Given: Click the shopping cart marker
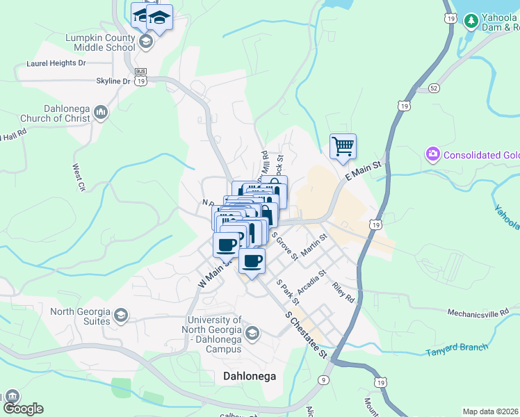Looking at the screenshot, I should tap(343, 147).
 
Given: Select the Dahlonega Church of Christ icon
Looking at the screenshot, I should tap(101, 112).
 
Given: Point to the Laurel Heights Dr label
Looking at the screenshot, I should tap(56, 63).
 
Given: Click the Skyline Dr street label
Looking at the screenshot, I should tap(113, 81).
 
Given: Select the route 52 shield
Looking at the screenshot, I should tap(434, 88).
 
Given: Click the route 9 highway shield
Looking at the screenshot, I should tap(324, 379).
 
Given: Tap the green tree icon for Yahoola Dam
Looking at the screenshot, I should tap(471, 22).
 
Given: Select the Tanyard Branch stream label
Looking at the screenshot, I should tap(456, 349).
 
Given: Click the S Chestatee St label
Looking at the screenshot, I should tap(306, 334).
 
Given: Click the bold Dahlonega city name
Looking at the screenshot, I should tap(250, 376).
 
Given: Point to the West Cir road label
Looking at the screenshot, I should tap(79, 177).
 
